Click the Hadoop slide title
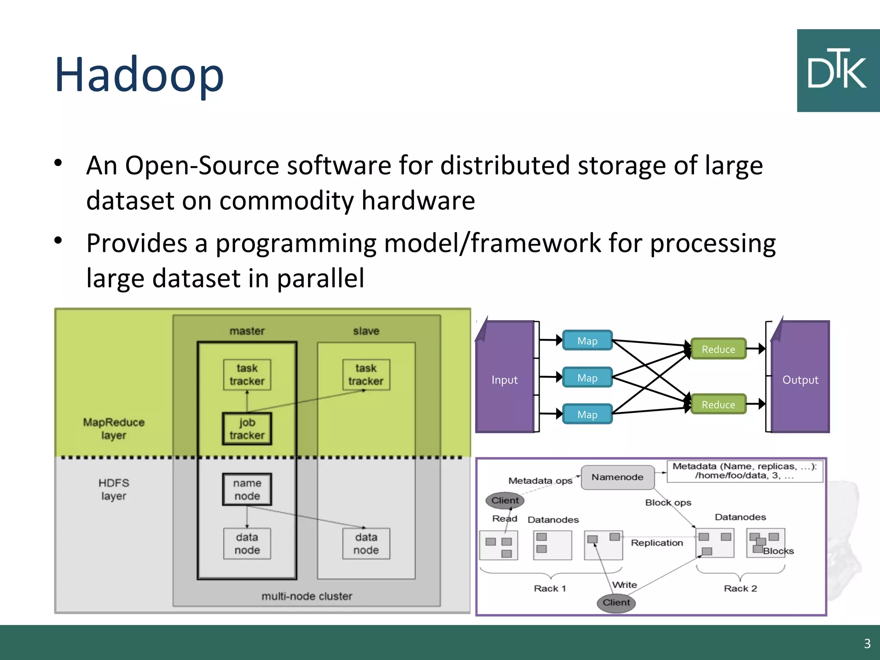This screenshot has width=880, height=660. pos(139,75)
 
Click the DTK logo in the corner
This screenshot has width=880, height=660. pos(837,70)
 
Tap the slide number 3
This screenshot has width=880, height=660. pos(867,643)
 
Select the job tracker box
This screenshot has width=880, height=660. pos(247,429)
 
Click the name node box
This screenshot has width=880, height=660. pos(247,489)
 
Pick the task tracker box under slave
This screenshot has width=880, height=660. pos(366,375)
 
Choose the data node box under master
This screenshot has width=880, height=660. pos(247,544)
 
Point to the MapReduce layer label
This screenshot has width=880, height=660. pos(113,428)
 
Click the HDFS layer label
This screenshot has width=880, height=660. pos(113,489)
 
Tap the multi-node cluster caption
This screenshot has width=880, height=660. pos(306,596)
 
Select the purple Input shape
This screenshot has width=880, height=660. pos(504,379)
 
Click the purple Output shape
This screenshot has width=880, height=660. pos(800,379)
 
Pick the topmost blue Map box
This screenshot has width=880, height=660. pos(587,341)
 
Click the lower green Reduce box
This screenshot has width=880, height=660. pos(718,404)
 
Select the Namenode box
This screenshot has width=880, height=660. pos(617,477)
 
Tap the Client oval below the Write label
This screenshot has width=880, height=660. pos(616,602)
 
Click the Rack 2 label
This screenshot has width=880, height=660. pos(740,588)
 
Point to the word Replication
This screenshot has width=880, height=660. pos(657,543)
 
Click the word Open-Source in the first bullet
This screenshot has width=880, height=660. pos(202,165)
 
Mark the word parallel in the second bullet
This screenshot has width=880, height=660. pos(320,278)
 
